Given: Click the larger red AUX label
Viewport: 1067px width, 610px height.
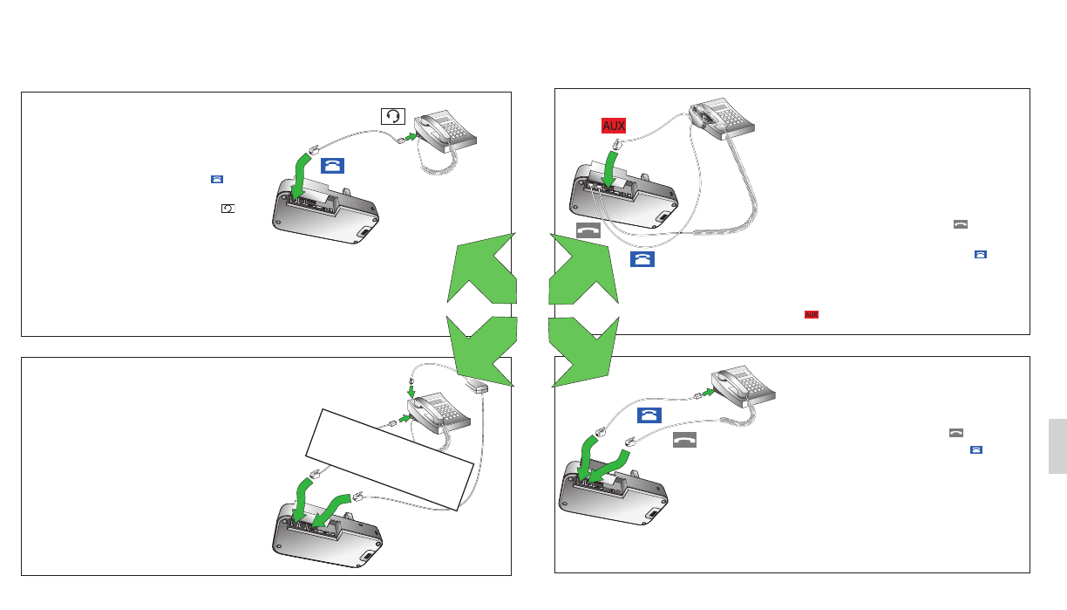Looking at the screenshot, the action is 614,126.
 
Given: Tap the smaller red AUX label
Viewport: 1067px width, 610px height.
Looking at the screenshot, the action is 812,314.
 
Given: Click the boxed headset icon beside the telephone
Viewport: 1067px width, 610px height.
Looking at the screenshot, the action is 393,116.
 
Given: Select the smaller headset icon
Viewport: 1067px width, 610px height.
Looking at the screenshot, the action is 228,209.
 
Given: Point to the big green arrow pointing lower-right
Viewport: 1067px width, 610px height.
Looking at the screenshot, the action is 581,351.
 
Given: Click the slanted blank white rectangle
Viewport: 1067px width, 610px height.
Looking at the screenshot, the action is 390,459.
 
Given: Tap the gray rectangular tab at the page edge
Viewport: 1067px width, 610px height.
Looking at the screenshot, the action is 1057,446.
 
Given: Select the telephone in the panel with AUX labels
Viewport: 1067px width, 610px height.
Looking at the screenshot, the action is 721,119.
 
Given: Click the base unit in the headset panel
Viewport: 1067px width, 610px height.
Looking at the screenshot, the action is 325,211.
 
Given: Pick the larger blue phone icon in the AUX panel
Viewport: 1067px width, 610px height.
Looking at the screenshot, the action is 642,259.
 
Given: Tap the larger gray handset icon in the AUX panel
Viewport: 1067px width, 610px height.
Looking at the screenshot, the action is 588,230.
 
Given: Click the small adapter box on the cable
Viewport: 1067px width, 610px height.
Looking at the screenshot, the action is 476,386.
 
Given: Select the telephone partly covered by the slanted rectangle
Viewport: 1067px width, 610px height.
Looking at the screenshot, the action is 438,413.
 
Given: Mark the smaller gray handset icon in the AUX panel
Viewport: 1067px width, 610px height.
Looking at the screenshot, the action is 961,224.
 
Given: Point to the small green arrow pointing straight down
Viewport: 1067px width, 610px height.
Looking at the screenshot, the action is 411,392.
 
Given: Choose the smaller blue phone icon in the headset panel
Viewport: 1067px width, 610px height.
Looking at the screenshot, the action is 217,179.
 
